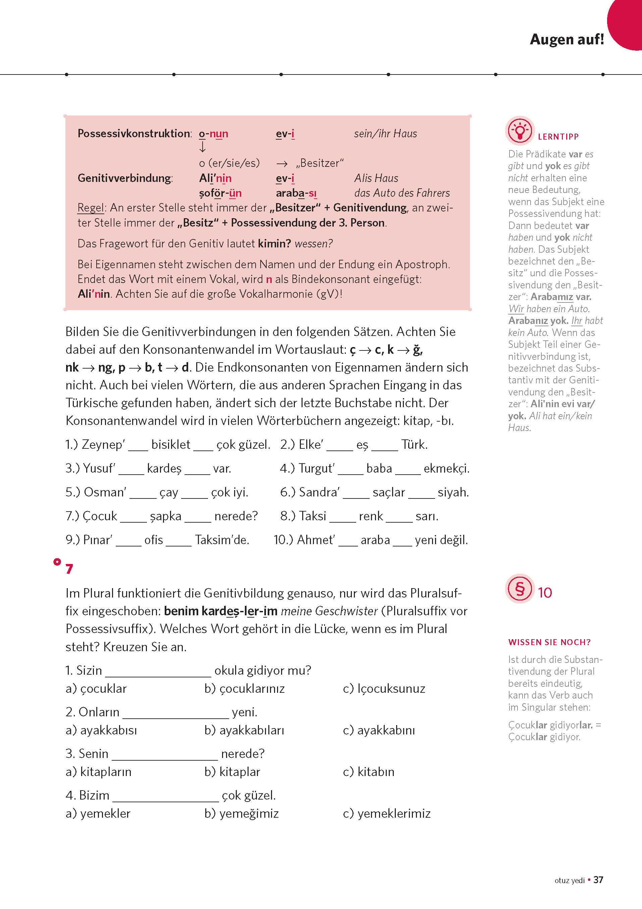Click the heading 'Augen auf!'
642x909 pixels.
point(567,40)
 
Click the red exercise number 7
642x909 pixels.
point(69,569)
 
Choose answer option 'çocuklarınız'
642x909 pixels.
point(252,688)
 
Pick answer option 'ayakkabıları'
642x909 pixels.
point(252,730)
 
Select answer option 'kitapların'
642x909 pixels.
point(106,772)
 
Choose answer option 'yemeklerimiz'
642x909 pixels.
point(393,813)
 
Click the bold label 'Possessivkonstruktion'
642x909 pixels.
point(134,133)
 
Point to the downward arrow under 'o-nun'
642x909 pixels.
point(203,147)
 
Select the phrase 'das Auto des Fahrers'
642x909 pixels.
point(402,193)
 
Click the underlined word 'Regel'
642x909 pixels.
point(91,208)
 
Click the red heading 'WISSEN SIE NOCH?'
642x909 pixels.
point(549,642)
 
